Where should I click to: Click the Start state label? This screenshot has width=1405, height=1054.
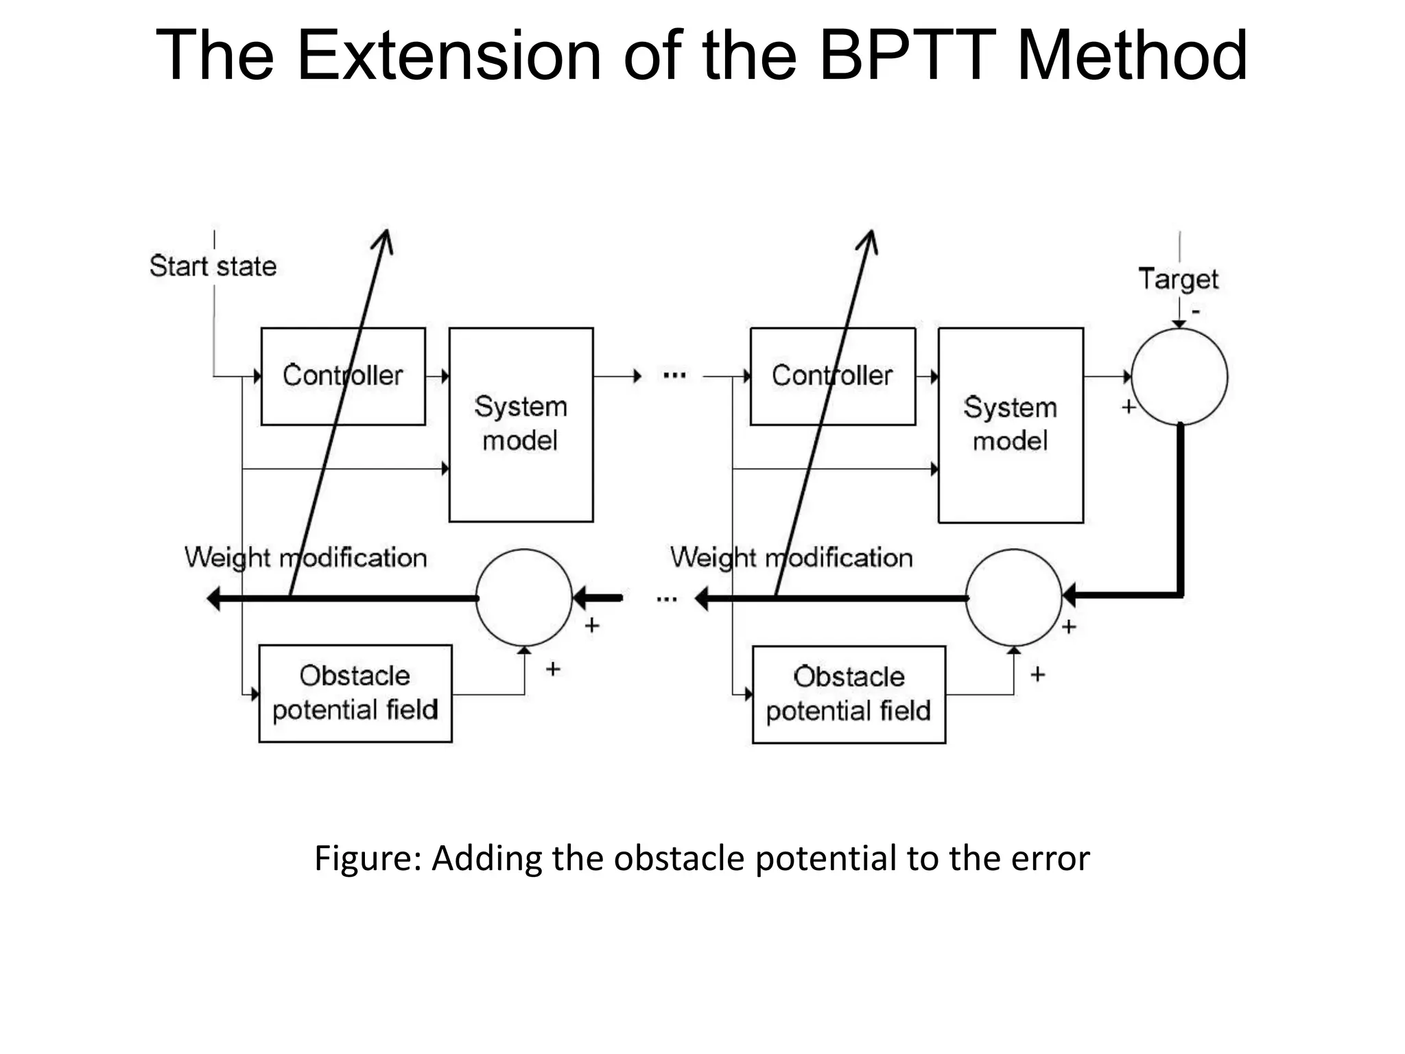213,266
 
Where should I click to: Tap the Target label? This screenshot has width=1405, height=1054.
1178,279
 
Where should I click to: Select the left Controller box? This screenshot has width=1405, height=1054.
342,377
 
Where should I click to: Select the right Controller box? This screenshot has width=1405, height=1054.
832,377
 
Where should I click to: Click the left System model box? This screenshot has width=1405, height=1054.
521,425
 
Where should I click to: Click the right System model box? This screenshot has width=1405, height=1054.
1011,425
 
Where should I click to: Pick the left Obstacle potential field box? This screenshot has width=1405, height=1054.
355,693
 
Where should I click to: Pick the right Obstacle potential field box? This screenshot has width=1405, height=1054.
849,694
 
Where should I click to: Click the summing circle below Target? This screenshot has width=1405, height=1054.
1179,377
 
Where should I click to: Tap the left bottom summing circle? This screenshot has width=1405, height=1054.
524,598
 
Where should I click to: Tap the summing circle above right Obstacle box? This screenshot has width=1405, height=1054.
1013,598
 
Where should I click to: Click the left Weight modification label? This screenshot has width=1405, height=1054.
305,558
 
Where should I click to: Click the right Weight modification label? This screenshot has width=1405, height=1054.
791,558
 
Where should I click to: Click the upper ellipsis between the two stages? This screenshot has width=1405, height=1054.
674,375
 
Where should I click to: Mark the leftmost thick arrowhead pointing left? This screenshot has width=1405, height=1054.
213,598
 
